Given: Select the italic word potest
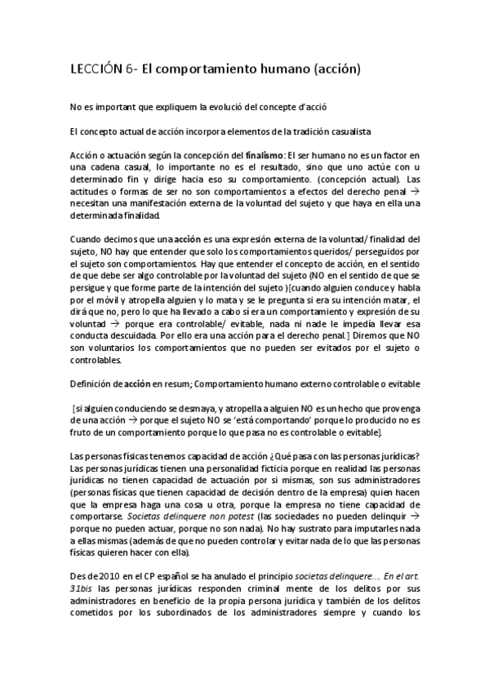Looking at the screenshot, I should (259, 517).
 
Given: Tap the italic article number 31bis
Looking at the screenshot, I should (82, 589).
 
